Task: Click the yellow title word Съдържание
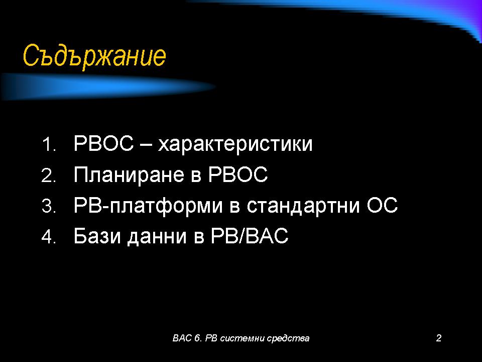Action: (x=94, y=56)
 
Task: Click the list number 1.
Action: (x=49, y=144)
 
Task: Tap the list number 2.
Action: (x=49, y=175)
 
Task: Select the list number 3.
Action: (x=49, y=206)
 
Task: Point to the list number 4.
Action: (x=49, y=237)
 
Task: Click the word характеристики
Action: (x=235, y=144)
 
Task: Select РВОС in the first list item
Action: (x=104, y=143)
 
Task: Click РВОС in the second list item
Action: (x=238, y=174)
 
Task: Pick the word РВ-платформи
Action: (x=148, y=206)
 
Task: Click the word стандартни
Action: (x=303, y=206)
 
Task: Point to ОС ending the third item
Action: (x=382, y=205)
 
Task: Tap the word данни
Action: (x=157, y=237)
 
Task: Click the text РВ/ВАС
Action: (x=250, y=236)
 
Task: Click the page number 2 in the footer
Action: (x=439, y=338)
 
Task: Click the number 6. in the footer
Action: (x=198, y=338)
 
